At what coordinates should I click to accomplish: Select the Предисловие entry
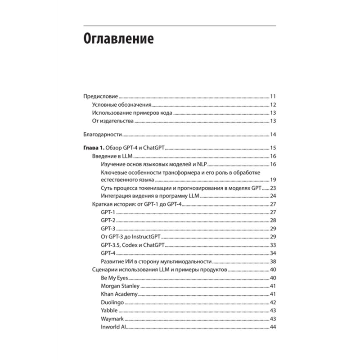(101, 97)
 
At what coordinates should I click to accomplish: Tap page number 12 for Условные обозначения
(273, 105)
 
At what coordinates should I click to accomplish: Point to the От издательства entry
(112, 121)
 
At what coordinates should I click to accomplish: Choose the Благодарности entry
(103, 135)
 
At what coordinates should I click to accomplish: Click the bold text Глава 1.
(94, 148)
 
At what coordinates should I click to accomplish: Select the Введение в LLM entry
(112, 156)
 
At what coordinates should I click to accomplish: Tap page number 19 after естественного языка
(273, 180)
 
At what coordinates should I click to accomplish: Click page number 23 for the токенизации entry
(273, 188)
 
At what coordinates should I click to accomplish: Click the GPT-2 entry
(108, 220)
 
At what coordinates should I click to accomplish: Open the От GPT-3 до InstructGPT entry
(131, 237)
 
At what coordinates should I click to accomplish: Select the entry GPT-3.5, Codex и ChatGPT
(133, 244)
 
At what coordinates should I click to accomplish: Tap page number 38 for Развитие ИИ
(273, 261)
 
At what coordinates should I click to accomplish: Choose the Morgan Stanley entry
(121, 286)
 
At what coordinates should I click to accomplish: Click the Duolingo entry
(112, 302)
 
